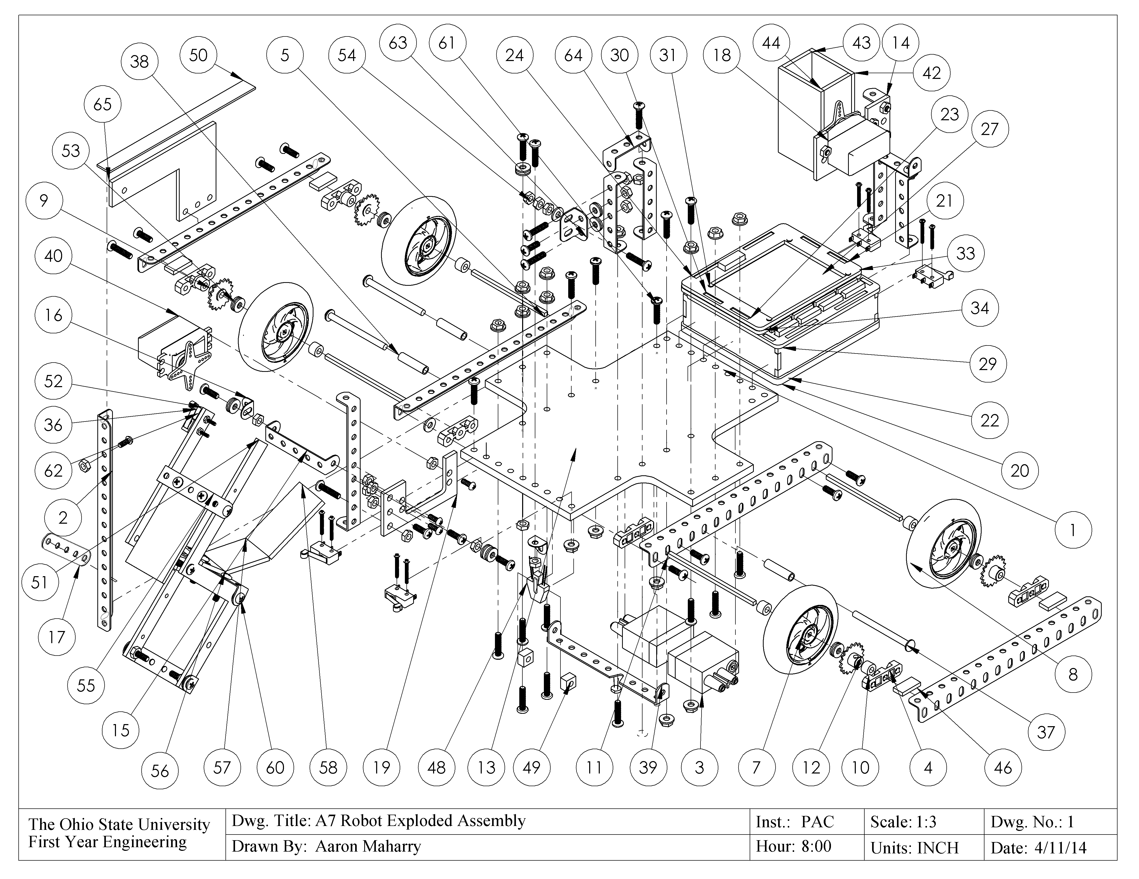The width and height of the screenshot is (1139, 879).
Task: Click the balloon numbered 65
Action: tap(102, 104)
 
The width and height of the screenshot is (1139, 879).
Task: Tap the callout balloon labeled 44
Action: tap(771, 43)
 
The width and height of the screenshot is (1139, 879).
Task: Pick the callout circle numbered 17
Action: tap(56, 637)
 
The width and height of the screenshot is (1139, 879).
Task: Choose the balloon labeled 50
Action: tap(198, 55)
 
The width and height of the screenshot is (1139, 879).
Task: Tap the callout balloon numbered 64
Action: tap(573, 55)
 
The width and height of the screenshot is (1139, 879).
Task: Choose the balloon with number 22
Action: tap(989, 420)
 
